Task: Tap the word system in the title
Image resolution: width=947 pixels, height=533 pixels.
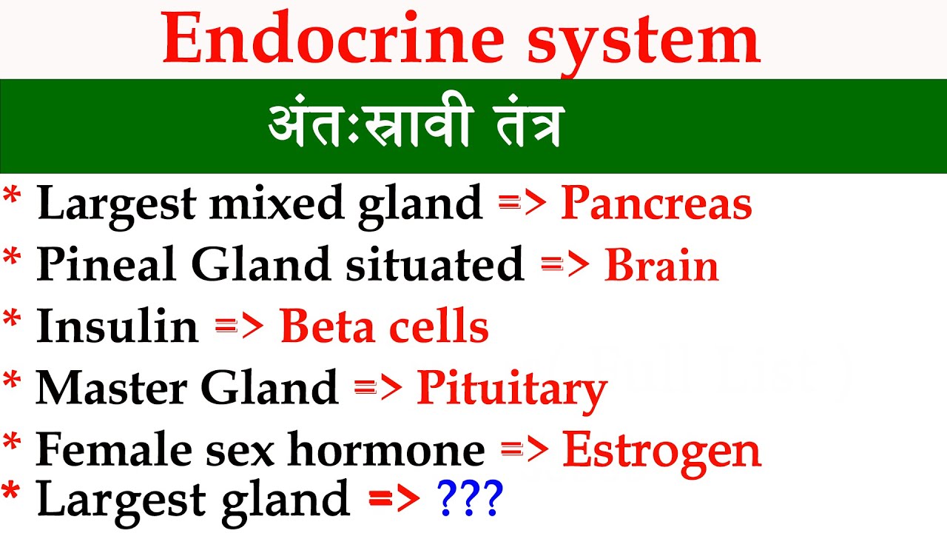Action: [x=643, y=41]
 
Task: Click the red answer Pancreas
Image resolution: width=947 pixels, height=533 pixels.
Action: [x=656, y=204]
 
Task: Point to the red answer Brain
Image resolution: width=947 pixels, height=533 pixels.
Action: [x=661, y=266]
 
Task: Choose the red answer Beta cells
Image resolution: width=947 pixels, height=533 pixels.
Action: [x=384, y=326]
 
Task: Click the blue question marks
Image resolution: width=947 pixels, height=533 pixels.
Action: [x=471, y=497]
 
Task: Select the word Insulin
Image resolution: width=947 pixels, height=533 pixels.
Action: [x=118, y=326]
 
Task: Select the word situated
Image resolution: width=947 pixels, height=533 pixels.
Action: [x=434, y=264]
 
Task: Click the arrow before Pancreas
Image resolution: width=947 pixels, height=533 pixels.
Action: [x=522, y=204]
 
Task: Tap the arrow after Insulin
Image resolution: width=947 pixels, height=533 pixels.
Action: [x=239, y=326]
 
